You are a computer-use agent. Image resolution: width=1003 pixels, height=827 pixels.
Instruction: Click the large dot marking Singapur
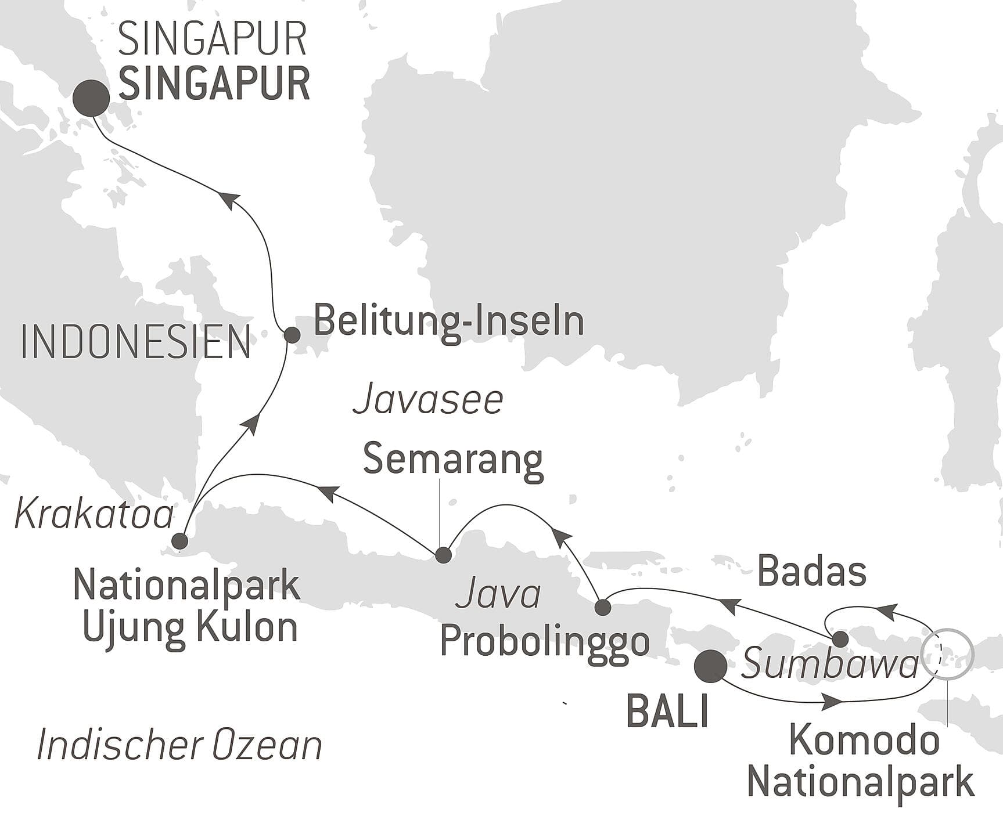91,97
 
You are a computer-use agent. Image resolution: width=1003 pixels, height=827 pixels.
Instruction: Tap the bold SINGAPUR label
214,85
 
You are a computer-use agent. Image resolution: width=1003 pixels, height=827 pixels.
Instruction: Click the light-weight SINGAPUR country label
213,39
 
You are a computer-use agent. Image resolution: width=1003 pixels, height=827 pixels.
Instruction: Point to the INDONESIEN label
135,342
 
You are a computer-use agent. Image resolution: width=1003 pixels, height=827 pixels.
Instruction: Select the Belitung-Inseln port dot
292,334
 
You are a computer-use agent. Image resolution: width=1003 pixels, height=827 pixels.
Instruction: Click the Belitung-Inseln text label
448,322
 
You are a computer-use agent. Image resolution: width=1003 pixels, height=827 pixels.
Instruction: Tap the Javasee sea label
427,400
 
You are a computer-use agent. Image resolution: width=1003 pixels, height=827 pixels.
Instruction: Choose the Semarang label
453,460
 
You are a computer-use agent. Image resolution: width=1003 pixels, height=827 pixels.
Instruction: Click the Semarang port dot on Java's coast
443,555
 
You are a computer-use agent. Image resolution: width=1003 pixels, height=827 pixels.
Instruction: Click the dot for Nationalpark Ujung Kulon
180,541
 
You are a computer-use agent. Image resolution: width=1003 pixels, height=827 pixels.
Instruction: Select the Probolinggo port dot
603,608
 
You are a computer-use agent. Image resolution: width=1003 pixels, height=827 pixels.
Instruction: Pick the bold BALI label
667,712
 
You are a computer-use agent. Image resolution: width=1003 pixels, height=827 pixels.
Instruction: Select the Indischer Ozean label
179,746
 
